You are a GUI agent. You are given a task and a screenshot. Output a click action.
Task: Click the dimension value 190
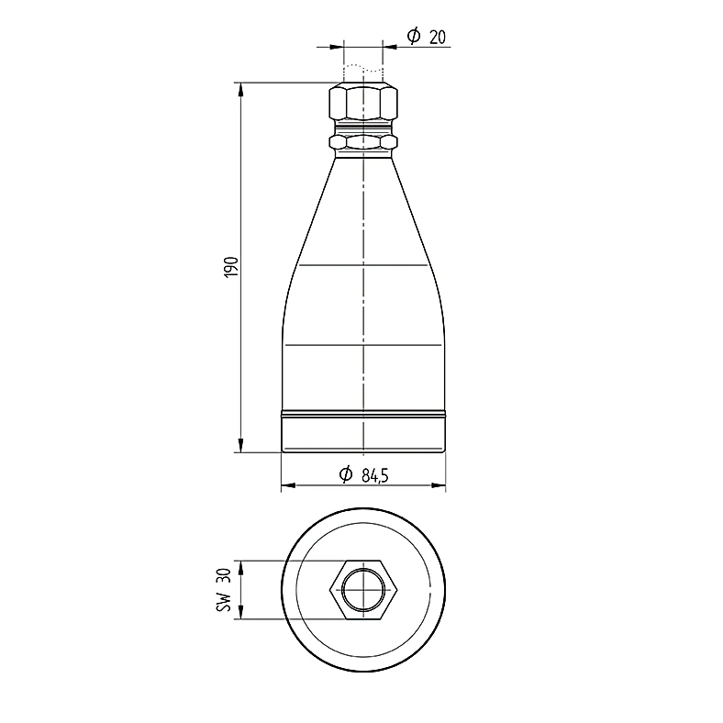click(232, 267)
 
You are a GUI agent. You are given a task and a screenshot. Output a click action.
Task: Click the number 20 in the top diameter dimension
click(438, 37)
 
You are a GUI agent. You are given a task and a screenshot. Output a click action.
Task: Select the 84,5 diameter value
click(375, 475)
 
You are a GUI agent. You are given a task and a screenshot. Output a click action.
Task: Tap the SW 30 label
click(224, 590)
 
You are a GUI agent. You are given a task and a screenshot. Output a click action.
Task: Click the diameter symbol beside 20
click(414, 36)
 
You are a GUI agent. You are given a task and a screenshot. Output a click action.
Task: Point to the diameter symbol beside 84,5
click(345, 474)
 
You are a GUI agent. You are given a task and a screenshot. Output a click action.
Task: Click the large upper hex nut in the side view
click(363, 101)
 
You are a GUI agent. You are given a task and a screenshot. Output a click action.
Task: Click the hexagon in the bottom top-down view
click(363, 590)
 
